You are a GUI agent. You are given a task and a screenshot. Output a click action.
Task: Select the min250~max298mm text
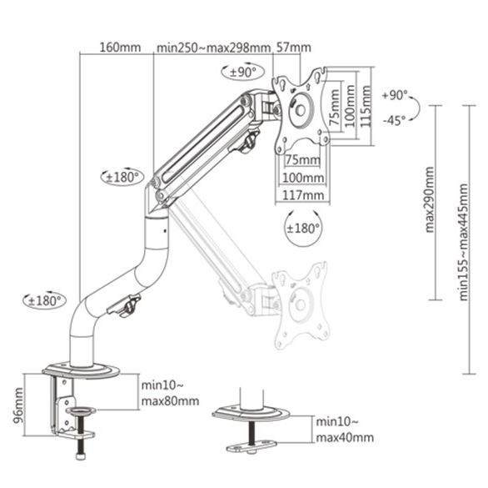point(213,47)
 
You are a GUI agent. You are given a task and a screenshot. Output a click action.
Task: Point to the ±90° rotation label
point(245,72)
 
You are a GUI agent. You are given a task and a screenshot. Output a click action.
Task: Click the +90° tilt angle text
point(395,96)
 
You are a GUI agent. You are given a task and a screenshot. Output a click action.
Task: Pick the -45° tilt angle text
point(395,119)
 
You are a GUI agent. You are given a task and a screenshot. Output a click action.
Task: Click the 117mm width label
point(301,195)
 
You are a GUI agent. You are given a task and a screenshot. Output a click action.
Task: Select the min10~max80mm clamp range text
point(170,393)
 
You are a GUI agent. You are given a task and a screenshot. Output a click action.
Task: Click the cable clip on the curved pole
point(129,308)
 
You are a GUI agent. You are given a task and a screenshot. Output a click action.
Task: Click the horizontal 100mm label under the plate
point(302,178)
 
